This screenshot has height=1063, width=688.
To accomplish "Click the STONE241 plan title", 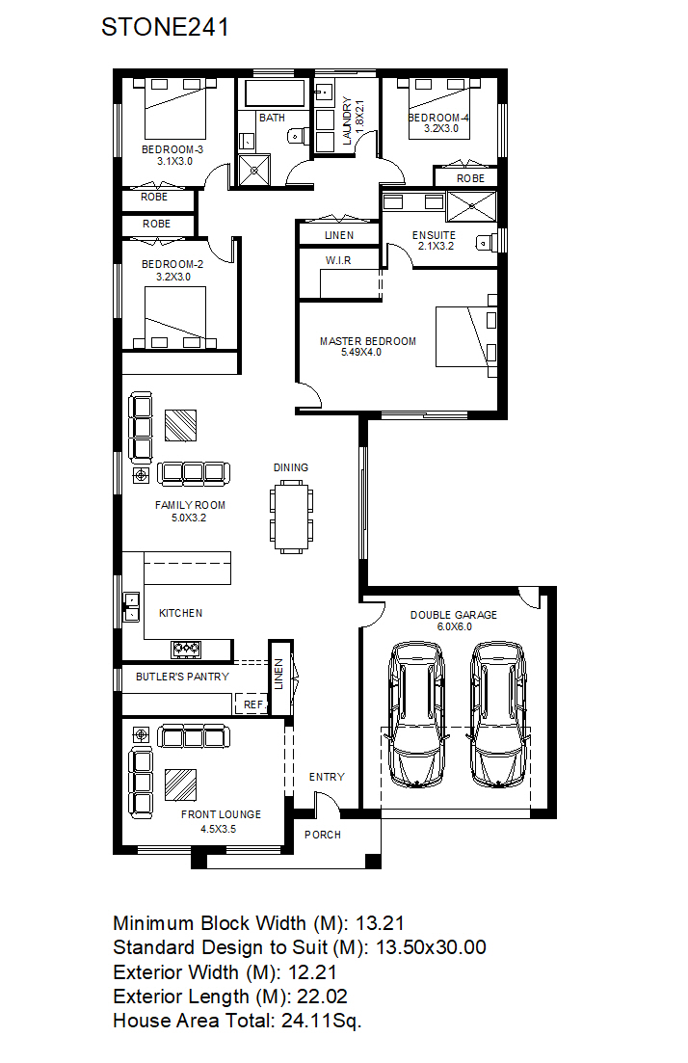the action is click(x=165, y=27).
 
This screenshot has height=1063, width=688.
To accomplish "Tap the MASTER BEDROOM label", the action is click(x=368, y=341).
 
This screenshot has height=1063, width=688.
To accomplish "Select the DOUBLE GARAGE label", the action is click(x=454, y=615).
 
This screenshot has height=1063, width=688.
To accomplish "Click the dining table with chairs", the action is click(x=291, y=517).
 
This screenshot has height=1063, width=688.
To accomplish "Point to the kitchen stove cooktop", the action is click(x=186, y=650).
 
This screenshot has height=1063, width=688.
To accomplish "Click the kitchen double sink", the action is click(x=131, y=607).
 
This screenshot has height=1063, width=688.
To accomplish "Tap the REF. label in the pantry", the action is click(x=253, y=704).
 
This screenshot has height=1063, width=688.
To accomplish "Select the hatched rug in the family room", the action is click(x=181, y=425).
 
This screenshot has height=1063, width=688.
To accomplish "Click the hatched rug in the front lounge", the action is click(x=181, y=785).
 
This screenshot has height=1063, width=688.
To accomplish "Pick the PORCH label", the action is click(x=323, y=835).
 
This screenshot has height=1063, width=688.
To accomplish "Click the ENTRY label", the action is click(x=327, y=777).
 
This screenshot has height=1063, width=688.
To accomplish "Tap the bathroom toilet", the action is click(x=296, y=136).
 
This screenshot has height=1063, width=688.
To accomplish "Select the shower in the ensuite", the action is click(x=472, y=206).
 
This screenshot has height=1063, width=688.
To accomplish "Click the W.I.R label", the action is click(x=338, y=260).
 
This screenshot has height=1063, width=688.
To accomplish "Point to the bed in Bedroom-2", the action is click(x=174, y=318).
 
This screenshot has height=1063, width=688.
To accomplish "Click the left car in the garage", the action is click(x=417, y=714).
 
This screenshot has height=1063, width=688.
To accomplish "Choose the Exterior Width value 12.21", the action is click(x=312, y=972).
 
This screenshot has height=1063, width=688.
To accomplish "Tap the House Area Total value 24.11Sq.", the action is click(x=322, y=1021).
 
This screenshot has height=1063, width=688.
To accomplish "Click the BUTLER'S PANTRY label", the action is click(x=182, y=677).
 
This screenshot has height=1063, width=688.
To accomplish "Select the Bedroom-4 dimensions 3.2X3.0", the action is click(x=441, y=128).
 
